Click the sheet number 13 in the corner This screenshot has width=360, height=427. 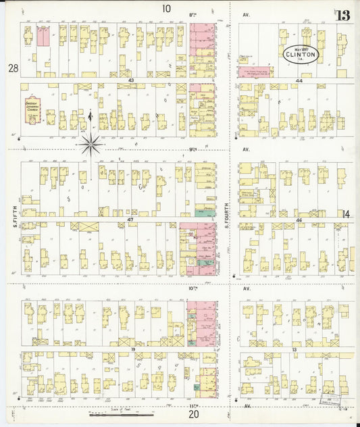342,16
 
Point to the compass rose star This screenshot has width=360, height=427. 90,143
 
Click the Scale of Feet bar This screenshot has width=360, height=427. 122,413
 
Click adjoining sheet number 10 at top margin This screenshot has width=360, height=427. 166,9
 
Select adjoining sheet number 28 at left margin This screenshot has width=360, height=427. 12,68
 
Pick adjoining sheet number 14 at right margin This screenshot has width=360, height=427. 346,214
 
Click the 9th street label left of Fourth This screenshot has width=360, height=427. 193,149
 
